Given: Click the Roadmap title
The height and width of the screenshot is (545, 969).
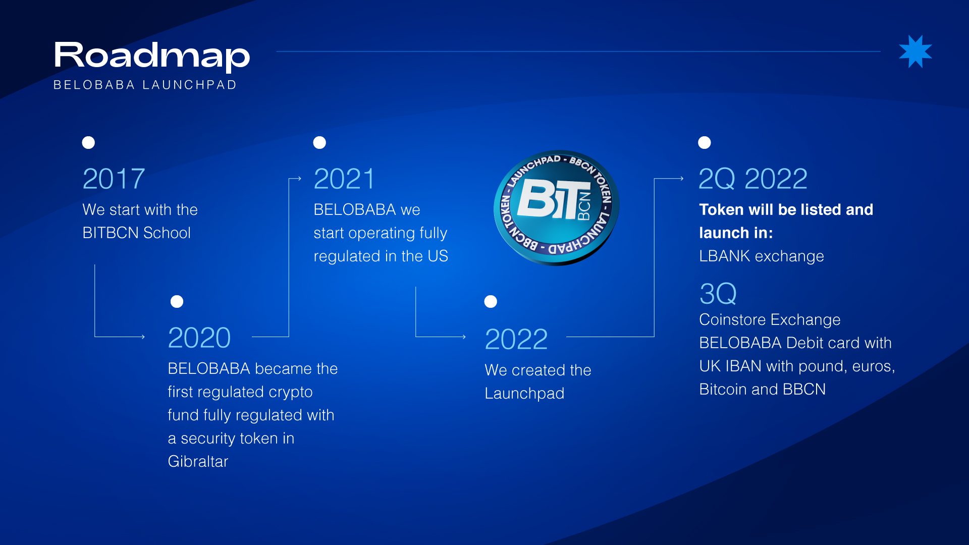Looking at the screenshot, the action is click(x=152, y=57).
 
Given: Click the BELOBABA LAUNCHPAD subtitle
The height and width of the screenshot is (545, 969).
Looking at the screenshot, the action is click(x=145, y=85).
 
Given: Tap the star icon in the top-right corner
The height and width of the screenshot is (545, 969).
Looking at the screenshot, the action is click(x=915, y=51).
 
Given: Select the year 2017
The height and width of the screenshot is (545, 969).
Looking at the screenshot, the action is click(x=114, y=179).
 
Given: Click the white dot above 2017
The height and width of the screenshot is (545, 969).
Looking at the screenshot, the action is click(x=88, y=143).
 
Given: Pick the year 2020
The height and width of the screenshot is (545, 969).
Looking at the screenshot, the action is click(x=199, y=338).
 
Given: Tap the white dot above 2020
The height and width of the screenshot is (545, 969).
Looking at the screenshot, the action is click(x=177, y=302).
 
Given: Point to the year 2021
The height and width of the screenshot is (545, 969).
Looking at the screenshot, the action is click(x=344, y=179).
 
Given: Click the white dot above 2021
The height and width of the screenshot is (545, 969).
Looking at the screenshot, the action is click(x=319, y=143).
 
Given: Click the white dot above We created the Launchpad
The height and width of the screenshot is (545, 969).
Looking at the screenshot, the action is click(x=491, y=302).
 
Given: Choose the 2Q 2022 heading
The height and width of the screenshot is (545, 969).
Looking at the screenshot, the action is click(x=753, y=179).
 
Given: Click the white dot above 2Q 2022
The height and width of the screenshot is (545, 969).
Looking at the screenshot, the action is click(x=705, y=143).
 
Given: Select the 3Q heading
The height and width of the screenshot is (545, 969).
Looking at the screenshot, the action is click(x=718, y=294).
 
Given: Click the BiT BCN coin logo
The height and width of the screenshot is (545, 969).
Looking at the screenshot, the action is click(x=557, y=207).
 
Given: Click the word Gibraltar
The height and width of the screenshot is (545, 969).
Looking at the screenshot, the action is click(x=198, y=461).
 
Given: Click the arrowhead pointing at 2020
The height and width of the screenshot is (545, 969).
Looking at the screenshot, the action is click(x=143, y=337).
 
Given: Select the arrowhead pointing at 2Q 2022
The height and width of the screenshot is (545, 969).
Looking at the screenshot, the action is click(x=681, y=178).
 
